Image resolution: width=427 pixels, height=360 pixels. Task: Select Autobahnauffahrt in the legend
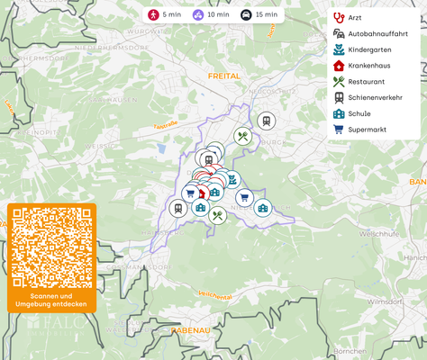(x=369, y=34)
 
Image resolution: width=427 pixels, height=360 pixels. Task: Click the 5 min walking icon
(x=154, y=15)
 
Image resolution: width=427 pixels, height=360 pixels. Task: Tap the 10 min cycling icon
(x=198, y=15)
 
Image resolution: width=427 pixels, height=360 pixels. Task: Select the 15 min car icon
(x=246, y=15)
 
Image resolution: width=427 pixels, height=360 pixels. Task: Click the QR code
(x=51, y=247)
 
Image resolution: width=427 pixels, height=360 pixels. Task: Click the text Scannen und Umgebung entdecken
(x=51, y=300)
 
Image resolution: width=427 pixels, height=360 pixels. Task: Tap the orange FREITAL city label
(x=223, y=76)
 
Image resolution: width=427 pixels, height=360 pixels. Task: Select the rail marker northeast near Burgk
(x=266, y=121)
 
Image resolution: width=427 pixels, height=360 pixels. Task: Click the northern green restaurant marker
(x=242, y=137)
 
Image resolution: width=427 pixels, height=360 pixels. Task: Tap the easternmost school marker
(x=262, y=208)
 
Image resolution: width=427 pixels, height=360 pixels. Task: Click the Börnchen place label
(x=350, y=350)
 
